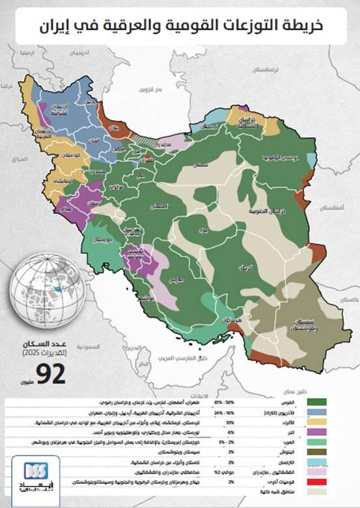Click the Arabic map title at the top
pos(179,25)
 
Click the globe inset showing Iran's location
pos(48,289)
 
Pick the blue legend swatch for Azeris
pos(324,413)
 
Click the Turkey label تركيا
pos(8,85)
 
